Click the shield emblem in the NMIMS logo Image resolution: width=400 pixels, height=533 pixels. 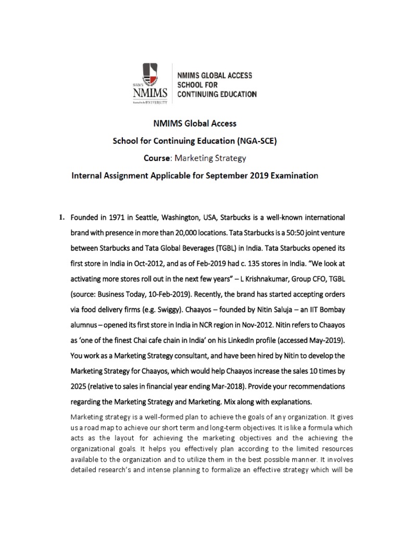point(152,77)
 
